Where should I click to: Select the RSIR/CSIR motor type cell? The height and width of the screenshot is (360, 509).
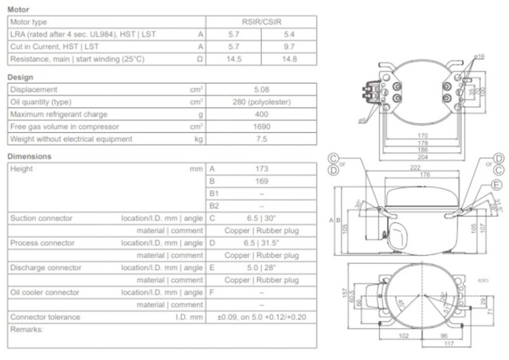click(261, 22)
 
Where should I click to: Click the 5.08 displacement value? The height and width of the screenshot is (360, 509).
click(261, 89)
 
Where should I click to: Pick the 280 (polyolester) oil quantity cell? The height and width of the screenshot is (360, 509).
click(261, 102)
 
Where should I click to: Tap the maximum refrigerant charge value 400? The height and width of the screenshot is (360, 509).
click(261, 114)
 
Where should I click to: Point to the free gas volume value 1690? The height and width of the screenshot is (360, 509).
click(261, 127)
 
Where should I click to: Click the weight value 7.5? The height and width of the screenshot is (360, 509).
click(261, 139)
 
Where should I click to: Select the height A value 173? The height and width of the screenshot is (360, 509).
click(261, 169)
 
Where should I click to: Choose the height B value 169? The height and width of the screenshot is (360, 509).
click(261, 181)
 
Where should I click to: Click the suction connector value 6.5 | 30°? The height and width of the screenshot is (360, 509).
click(261, 218)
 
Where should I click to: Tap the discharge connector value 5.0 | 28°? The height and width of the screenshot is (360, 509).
click(261, 268)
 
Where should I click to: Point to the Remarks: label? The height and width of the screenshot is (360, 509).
click(27, 329)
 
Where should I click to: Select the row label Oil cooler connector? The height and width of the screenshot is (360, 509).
click(45, 293)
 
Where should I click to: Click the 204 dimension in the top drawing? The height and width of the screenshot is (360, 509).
click(422, 157)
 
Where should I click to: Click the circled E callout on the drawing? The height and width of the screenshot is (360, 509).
click(497, 185)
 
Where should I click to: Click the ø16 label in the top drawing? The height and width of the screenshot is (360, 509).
click(479, 57)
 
